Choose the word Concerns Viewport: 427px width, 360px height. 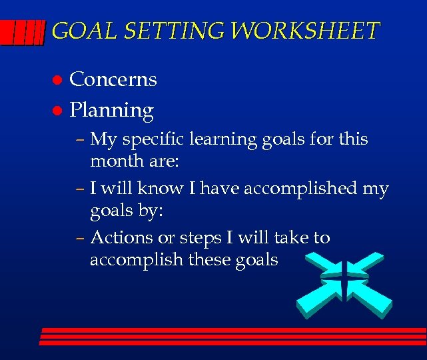pyautogui.click(x=113, y=79)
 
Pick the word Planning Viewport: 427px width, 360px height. pyautogui.click(x=112, y=111)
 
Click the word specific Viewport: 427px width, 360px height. pyautogui.click(x=158, y=141)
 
